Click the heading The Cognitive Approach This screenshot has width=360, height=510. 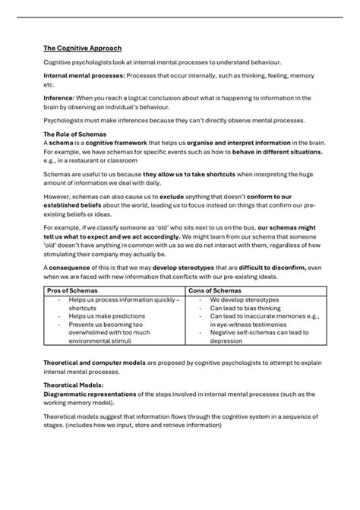pos(82,48)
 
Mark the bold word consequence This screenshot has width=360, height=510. pos(71,268)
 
